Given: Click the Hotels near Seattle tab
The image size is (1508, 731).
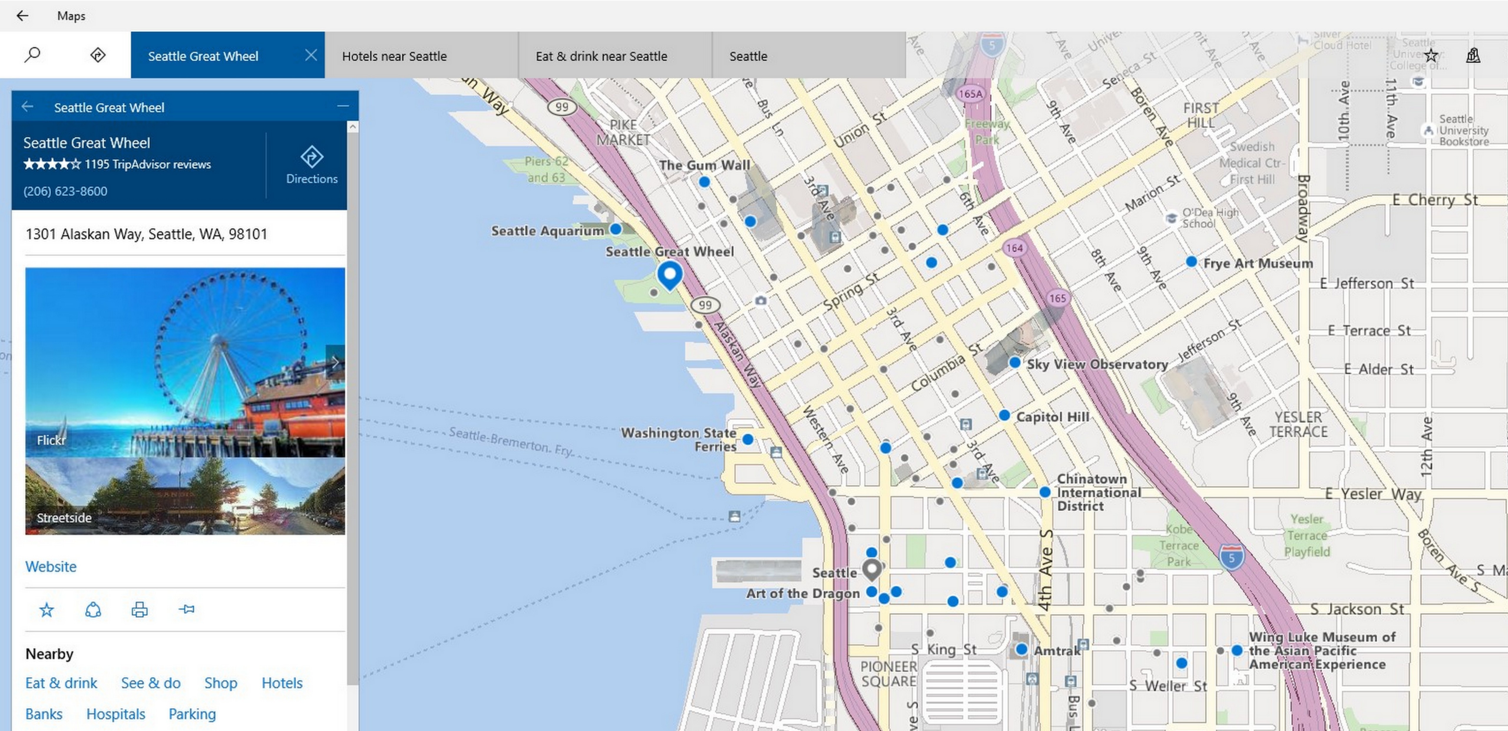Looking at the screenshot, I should (x=394, y=56).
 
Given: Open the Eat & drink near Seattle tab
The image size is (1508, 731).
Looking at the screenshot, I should (x=601, y=56).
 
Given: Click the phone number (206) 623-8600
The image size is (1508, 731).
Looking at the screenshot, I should (x=65, y=191).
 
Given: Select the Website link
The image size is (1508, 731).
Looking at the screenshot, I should (x=51, y=567).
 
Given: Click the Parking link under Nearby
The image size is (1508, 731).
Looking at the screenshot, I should (x=192, y=714).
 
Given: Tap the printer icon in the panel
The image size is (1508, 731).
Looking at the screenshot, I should (x=139, y=610).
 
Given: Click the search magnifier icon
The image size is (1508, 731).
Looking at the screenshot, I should (x=32, y=55).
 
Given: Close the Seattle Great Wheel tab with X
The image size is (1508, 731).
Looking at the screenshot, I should (x=311, y=55).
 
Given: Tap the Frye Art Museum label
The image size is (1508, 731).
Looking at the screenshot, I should (x=1257, y=264).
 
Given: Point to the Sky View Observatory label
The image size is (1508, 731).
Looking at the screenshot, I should (x=1097, y=364).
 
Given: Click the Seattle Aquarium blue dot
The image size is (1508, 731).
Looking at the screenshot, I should (x=616, y=229).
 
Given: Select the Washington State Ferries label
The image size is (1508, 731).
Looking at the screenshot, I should (x=679, y=439).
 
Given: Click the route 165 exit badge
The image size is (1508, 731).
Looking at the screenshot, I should (x=1057, y=298).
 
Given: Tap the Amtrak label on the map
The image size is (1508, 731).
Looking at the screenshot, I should (x=1057, y=651).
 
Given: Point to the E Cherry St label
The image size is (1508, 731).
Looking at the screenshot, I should (x=1434, y=200).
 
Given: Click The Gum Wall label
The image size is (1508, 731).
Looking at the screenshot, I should (x=704, y=165).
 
